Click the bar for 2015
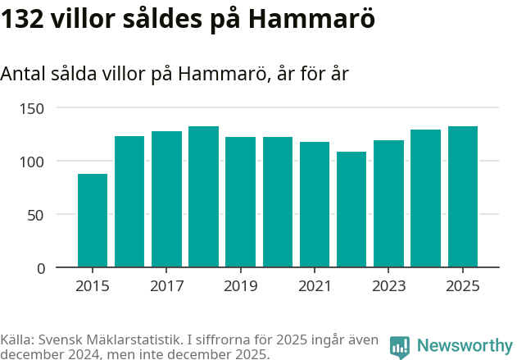pyautogui.click(x=93, y=221)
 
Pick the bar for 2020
pyautogui.click(x=278, y=202)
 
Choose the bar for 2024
pyautogui.click(x=426, y=198)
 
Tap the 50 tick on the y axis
pyautogui.click(x=37, y=215)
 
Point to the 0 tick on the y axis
pyautogui.click(x=41, y=268)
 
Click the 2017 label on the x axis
pyautogui.click(x=166, y=286)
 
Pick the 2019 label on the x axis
pyautogui.click(x=241, y=286)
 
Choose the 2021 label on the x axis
pyautogui.click(x=315, y=286)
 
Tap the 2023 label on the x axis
pyautogui.click(x=389, y=286)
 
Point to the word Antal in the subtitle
pyautogui.click(x=24, y=74)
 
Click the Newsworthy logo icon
pyautogui.click(x=400, y=347)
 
